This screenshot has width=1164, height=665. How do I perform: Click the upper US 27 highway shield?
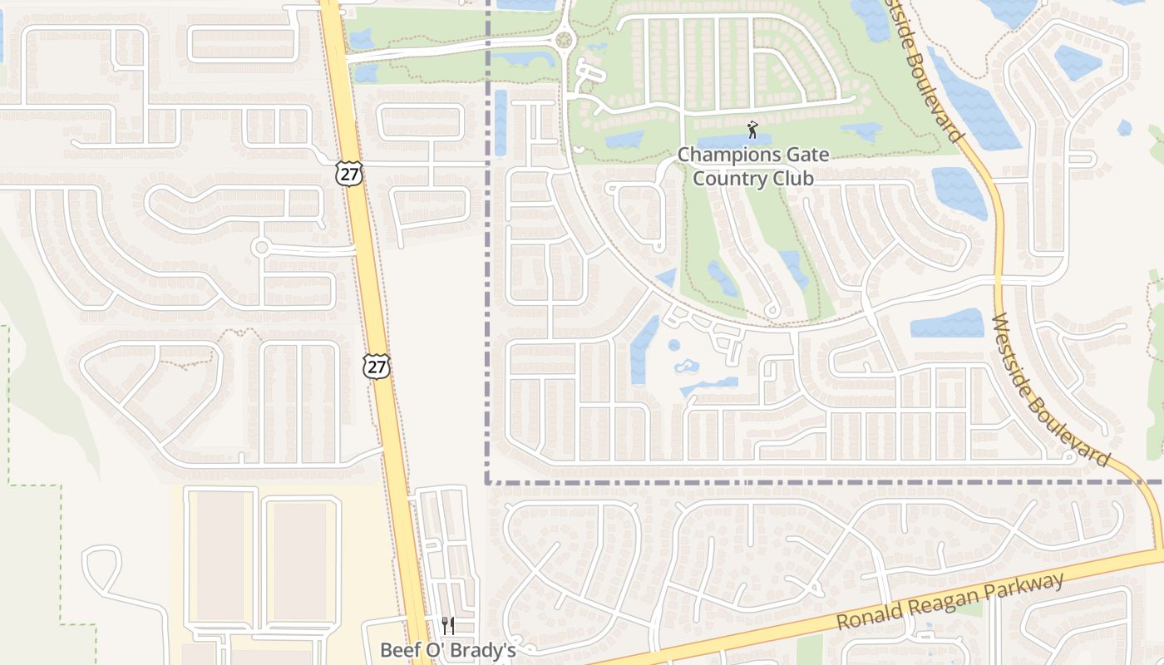coord(350,173)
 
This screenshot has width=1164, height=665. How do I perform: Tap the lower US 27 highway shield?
coord(377,366)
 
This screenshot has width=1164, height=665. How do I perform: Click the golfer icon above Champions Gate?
coord(752,130)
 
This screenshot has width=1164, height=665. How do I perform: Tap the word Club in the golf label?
coord(791,178)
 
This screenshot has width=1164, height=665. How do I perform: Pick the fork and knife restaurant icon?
coord(447,626)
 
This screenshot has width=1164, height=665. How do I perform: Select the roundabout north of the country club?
coord(565,38)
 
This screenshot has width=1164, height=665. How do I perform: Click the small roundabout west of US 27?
coord(261,247)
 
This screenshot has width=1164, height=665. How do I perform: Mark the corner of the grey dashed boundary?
coord(488,481)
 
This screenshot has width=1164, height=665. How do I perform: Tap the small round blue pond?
coord(673,345)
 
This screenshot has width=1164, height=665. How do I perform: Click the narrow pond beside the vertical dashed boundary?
coord(500,122)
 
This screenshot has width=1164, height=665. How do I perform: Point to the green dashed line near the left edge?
coord(8,399)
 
